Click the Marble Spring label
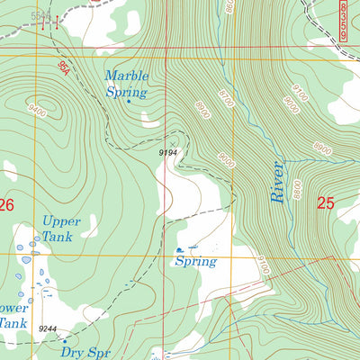click(x=127, y=84)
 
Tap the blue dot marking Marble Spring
click(x=129, y=102)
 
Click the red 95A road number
click(x=63, y=67)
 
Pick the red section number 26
click(x=6, y=205)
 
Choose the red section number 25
click(x=325, y=204)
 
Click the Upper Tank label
click(x=62, y=229)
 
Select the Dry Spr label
click(x=84, y=352)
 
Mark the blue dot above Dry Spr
click(x=64, y=341)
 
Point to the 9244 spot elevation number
click(x=48, y=329)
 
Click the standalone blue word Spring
click(x=196, y=262)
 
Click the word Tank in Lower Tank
click(x=11, y=321)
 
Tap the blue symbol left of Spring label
click(x=181, y=249)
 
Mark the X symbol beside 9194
click(x=172, y=144)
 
